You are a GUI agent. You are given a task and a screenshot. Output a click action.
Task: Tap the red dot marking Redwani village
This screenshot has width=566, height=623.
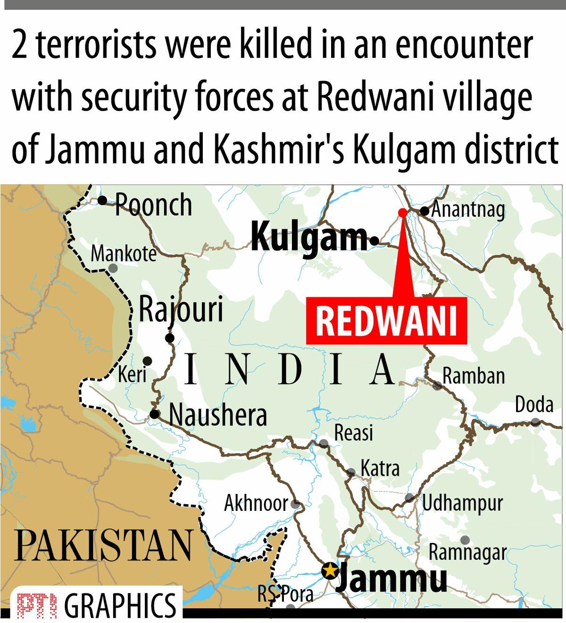click(x=402, y=213)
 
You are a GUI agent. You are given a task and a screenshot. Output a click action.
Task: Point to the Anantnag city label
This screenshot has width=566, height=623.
click(x=468, y=210)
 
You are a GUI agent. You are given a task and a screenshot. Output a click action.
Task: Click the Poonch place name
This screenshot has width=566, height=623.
click(x=153, y=205)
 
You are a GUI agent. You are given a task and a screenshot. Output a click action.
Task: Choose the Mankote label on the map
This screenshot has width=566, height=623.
click(x=123, y=254)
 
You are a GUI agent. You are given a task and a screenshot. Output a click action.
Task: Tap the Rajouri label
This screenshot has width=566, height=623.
click(x=181, y=310)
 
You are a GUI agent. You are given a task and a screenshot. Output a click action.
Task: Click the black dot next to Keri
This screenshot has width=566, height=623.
click(x=147, y=361)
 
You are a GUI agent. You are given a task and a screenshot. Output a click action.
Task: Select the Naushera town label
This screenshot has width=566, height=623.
click(x=218, y=415)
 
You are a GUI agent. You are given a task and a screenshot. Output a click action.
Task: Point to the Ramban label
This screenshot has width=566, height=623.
click(x=474, y=376)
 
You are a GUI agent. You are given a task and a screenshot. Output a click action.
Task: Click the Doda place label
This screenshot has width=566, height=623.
click(x=534, y=405)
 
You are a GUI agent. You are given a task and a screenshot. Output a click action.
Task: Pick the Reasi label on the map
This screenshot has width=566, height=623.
click(x=353, y=433)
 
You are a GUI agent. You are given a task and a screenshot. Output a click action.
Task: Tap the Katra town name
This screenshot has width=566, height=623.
click(x=380, y=468)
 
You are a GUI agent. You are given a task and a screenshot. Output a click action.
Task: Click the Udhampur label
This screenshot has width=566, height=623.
click(x=462, y=503)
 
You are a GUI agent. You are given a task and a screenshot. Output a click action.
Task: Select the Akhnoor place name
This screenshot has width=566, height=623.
click(x=256, y=503)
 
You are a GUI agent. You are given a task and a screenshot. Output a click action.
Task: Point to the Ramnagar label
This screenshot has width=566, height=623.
click(x=467, y=552)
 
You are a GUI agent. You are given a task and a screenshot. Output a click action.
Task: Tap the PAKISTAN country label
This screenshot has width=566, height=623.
click(x=103, y=545)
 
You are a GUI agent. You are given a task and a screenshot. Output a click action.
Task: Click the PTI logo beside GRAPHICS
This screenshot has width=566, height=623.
click(x=36, y=605)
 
